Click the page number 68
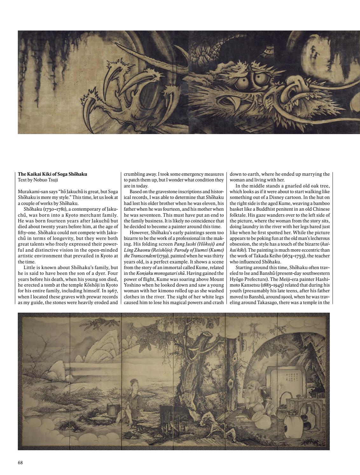point(20,463)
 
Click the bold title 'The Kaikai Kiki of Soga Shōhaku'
point(52,174)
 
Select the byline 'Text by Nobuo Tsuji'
point(38,180)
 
